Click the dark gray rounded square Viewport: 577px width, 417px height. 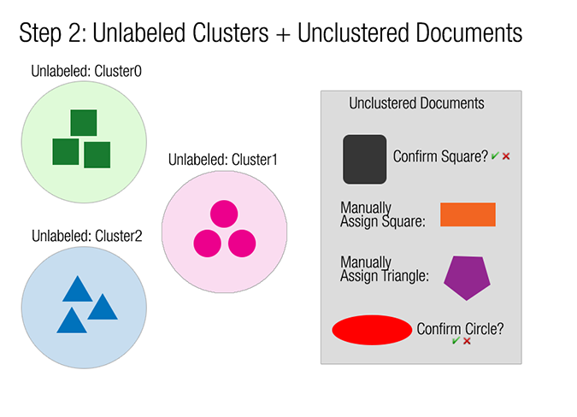tap(365, 159)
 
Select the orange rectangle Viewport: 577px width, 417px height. tap(468, 214)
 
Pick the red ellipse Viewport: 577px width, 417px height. tap(371, 330)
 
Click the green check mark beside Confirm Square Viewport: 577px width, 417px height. tap(495, 156)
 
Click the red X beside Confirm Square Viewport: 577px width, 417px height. tap(506, 156)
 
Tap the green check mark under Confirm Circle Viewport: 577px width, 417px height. tap(456, 341)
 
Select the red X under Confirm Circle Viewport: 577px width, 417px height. tap(467, 341)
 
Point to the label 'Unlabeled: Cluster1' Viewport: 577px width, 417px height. tap(223, 159)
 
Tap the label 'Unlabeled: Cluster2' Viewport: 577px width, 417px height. tap(86, 236)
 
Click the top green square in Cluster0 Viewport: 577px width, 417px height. tap(83, 123)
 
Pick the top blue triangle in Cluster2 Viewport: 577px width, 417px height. tap(76, 289)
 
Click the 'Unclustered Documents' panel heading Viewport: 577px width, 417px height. tap(416, 103)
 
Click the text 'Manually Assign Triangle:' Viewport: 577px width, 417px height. tap(383, 269)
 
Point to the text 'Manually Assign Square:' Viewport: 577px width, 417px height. tap(382, 215)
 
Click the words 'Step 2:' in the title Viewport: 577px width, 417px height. tap(52, 33)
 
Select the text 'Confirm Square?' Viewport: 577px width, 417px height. tap(440, 156)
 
